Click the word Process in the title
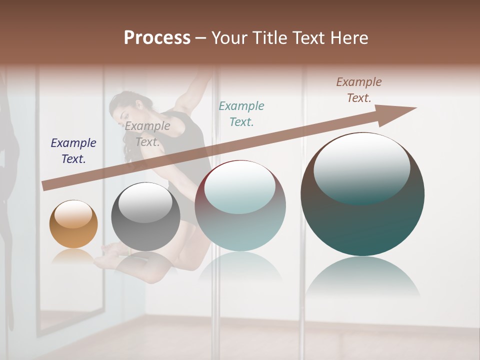coord(157,38)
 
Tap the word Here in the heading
coord(348,38)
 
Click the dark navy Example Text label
coord(73,151)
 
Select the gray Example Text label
coord(147,134)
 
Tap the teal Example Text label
coord(241,113)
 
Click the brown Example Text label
coord(359,90)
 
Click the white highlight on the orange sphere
coord(73,214)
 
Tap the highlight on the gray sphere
coord(145,202)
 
